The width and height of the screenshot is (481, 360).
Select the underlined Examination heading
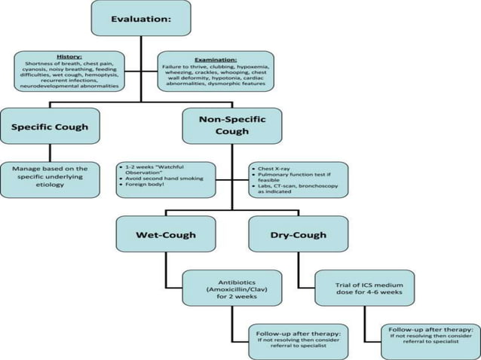point(216,59)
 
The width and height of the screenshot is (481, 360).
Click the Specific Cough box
point(50,127)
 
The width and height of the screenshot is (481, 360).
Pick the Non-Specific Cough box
point(232,125)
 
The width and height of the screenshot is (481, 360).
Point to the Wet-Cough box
point(166,234)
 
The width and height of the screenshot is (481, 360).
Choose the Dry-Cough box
point(299,234)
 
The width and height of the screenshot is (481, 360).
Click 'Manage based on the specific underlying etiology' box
point(50,180)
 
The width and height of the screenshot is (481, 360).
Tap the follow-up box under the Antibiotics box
point(298,341)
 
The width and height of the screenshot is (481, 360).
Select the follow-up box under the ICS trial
point(430,341)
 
